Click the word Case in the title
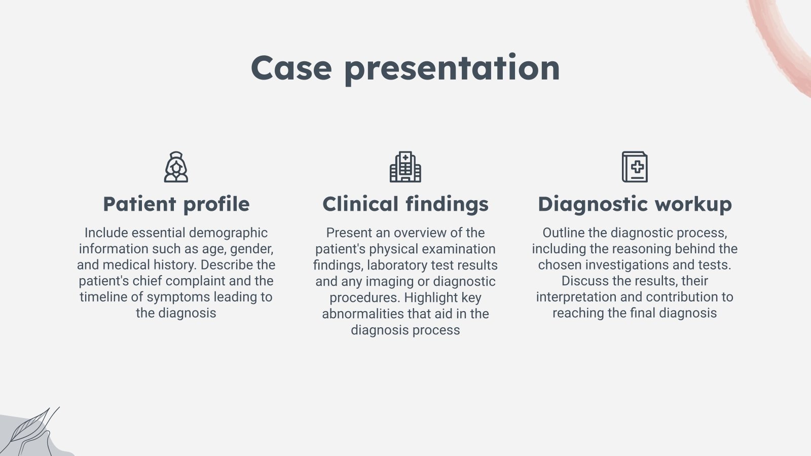pyautogui.click(x=291, y=68)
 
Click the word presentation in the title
pyautogui.click(x=452, y=69)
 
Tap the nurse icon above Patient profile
pyautogui.click(x=176, y=167)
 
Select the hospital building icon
pyautogui.click(x=405, y=167)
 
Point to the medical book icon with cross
pyautogui.click(x=635, y=167)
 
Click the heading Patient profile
pyautogui.click(x=176, y=204)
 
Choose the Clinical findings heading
pyautogui.click(x=405, y=204)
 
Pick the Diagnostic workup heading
pyautogui.click(x=635, y=204)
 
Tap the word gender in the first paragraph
pyautogui.click(x=251, y=249)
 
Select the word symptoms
pyautogui.click(x=178, y=297)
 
